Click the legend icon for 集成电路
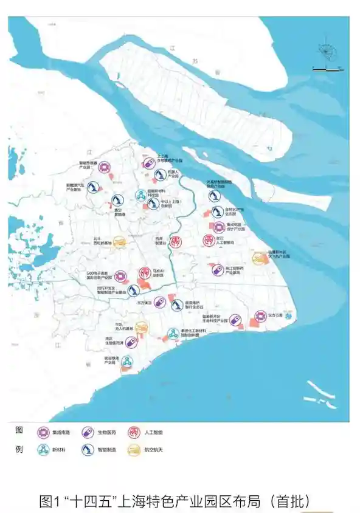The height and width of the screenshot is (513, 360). [43, 433]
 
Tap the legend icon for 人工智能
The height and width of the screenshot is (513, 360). [132, 433]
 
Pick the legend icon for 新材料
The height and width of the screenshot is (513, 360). [43, 450]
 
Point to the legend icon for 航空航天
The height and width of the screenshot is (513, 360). [132, 450]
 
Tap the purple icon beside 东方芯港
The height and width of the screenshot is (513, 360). [261, 316]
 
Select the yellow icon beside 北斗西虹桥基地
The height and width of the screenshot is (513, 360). [120, 241]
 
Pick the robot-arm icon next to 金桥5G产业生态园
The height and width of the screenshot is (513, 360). [218, 213]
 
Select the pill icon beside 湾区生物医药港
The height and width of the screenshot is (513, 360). [132, 342]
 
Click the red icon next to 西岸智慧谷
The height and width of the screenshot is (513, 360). [175, 241]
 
